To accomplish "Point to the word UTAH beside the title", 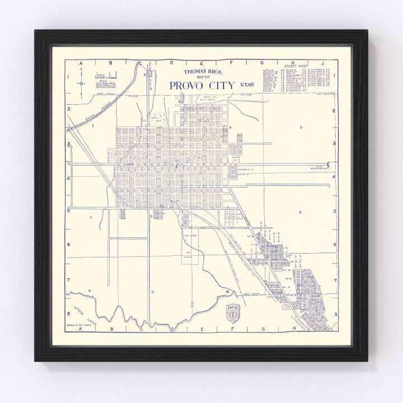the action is (246, 84).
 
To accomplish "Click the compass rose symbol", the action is (81, 83).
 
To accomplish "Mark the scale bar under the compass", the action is (106, 74).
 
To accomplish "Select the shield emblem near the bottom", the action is (232, 313).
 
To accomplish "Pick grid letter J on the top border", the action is (322, 63).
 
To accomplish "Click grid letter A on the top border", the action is (82, 63).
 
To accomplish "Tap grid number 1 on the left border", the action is (68, 77).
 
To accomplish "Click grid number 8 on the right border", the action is (335, 315).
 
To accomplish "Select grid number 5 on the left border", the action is (68, 211).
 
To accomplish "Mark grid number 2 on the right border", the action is (335, 110).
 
